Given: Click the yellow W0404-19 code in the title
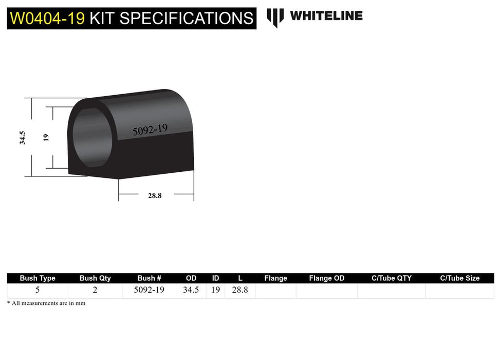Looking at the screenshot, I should tap(48, 18).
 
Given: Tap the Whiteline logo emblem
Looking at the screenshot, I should tap(275, 17).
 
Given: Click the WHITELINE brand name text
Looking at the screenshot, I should tap(326, 16).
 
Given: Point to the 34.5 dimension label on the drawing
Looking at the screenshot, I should tap(23, 137).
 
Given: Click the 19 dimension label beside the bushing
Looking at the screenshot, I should tap(46, 137).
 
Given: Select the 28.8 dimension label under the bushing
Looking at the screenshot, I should tap(155, 195).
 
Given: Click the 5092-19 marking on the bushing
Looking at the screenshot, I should tap(150, 129).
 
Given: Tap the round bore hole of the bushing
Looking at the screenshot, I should tap(91, 137).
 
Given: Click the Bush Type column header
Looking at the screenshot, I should tap(38, 278).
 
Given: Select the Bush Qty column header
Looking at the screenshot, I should tap(95, 278).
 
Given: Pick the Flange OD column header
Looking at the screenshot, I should tap(327, 278).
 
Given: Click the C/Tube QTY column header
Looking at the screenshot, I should tap(392, 278).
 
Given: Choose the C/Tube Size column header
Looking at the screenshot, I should tap(459, 278).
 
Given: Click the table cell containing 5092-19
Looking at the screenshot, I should tap(149, 290).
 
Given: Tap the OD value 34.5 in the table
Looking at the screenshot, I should tap(191, 290).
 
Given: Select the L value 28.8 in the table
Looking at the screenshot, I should tap(240, 290).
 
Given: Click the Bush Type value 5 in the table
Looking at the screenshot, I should tap(38, 290).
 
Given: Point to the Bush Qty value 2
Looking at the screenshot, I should tap(95, 290).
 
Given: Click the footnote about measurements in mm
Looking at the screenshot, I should tap(46, 303).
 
